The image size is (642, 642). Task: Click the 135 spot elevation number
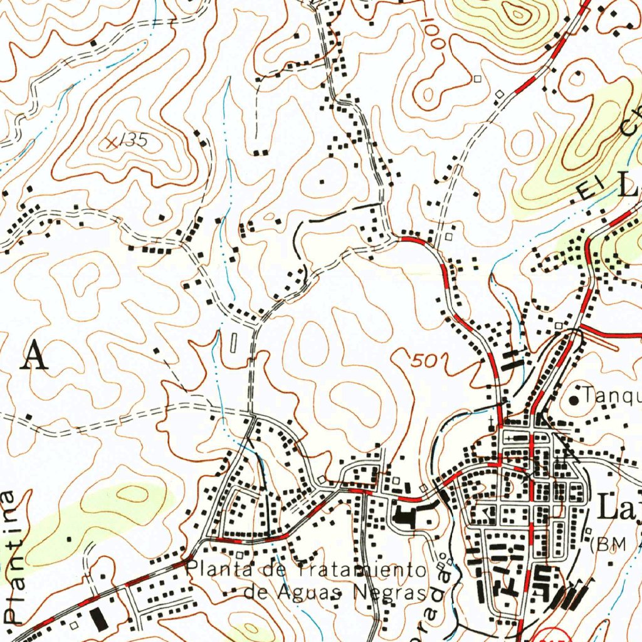click(x=134, y=141)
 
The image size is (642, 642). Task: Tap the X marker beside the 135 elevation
click(x=112, y=142)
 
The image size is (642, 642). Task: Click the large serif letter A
click(x=34, y=357)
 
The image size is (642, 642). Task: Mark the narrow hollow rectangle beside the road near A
click(x=234, y=342)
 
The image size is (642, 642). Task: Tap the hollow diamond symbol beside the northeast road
click(x=500, y=94)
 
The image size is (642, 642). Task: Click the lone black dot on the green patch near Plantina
click(x=70, y=537)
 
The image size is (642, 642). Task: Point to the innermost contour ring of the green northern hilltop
click(x=518, y=11)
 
